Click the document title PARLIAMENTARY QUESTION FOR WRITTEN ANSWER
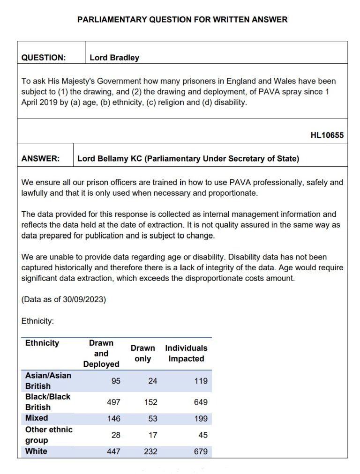tap(182, 20)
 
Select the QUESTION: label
tap(44, 58)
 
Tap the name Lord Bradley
tap(114, 58)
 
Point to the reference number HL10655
tap(327, 135)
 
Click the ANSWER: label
tap(40, 158)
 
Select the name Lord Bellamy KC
tap(109, 158)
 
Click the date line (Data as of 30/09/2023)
tap(64, 299)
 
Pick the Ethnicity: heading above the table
tap(38, 321)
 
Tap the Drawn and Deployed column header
tap(101, 354)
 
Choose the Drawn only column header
tap(142, 354)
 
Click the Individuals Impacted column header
tap(186, 354)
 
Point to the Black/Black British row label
tap(47, 402)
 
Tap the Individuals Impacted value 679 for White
tap(200, 452)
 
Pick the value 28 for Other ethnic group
tap(115, 435)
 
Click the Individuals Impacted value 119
tap(201, 381)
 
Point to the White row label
tap(36, 452)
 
